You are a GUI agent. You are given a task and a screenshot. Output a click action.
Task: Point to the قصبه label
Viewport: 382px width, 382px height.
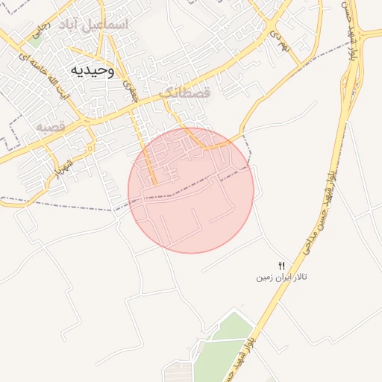(51, 128)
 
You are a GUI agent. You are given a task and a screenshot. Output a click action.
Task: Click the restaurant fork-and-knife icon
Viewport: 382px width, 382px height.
(282, 265)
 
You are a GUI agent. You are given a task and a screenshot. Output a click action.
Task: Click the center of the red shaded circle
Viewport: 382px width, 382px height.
(191, 190)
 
